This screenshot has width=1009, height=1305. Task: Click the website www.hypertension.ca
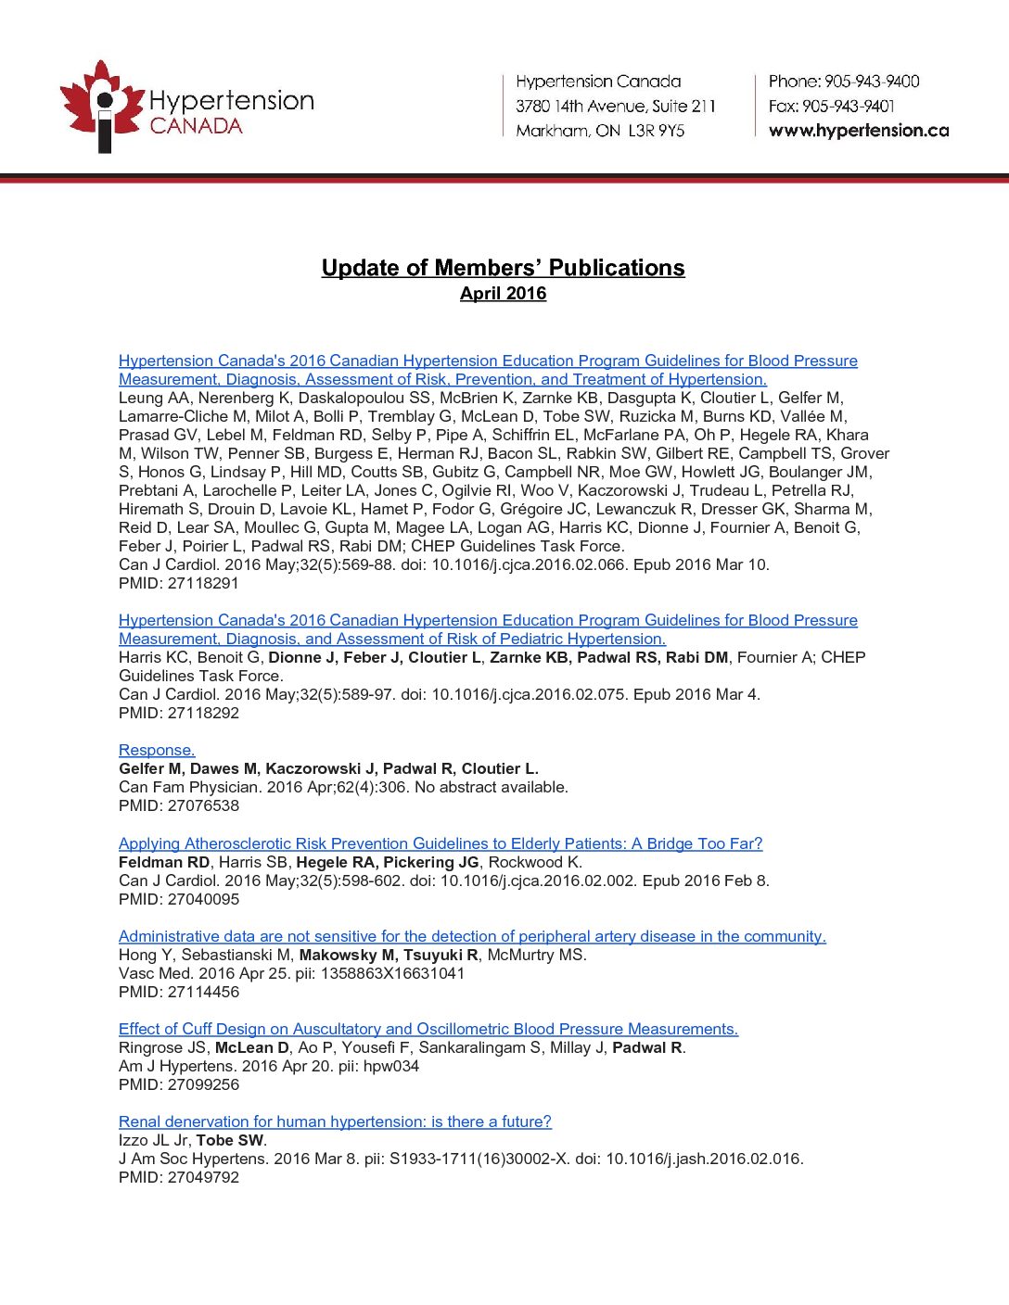(x=859, y=131)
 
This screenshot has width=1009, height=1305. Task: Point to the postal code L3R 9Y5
(x=657, y=131)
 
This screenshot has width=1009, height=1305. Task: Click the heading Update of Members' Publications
(x=503, y=268)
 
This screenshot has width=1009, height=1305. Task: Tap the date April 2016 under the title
(x=503, y=294)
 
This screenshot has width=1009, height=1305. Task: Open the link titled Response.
(x=157, y=751)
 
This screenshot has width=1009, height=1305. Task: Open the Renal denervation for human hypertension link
(x=335, y=1121)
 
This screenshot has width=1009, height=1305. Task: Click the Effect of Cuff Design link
(x=428, y=1029)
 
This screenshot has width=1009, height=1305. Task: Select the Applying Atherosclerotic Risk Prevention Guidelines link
(x=441, y=843)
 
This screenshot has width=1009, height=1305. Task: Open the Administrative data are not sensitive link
(x=472, y=936)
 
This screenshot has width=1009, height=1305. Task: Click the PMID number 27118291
(x=203, y=584)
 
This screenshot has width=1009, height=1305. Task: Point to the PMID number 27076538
(x=203, y=806)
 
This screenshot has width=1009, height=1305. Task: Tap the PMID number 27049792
(x=203, y=1177)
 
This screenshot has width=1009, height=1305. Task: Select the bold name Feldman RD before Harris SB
(x=164, y=862)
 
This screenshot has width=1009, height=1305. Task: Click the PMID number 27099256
(x=203, y=1084)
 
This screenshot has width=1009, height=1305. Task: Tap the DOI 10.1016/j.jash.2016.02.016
(x=704, y=1159)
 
